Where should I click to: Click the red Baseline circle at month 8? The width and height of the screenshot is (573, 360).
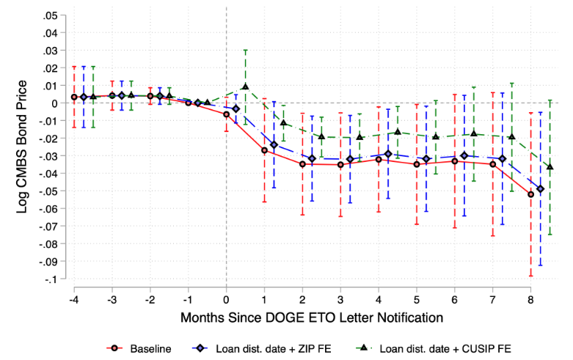click(x=531, y=194)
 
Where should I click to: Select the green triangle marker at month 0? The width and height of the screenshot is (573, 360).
click(x=245, y=87)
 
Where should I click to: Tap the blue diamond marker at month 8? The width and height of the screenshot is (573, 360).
click(x=541, y=189)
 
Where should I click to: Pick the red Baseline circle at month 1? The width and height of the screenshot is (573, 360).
click(x=264, y=150)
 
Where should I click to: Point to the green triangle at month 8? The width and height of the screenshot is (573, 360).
click(x=550, y=167)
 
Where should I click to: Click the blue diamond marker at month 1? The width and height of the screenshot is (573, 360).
click(x=274, y=145)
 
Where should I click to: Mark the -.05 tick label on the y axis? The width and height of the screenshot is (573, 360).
click(x=51, y=191)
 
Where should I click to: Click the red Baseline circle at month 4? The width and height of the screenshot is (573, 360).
click(x=379, y=159)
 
